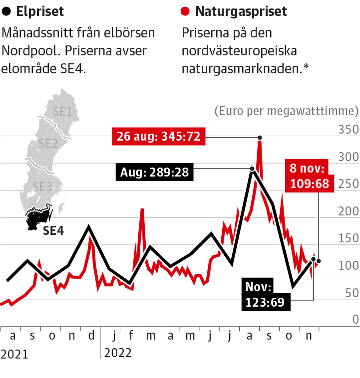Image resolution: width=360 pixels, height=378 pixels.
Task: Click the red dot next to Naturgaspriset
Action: tap(186, 11)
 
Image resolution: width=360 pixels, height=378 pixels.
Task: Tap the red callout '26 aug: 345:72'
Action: tap(159, 136)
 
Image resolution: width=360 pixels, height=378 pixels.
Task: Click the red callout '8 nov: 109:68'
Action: tap(310, 176)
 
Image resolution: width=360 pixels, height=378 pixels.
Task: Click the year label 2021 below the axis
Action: tap(14, 354)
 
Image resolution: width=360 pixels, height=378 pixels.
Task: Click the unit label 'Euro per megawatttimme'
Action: tap(286, 110)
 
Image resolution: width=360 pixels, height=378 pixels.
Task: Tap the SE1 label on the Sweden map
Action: tap(61, 111)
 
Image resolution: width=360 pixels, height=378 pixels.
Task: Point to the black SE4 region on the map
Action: tap(37, 218)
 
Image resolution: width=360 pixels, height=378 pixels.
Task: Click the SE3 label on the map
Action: tap(42, 187)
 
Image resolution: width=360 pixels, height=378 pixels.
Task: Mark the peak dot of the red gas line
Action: tap(260, 137)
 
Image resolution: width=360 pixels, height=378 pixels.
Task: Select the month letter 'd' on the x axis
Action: tap(91, 336)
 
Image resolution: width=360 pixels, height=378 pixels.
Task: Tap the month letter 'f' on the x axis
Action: tap(131, 336)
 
